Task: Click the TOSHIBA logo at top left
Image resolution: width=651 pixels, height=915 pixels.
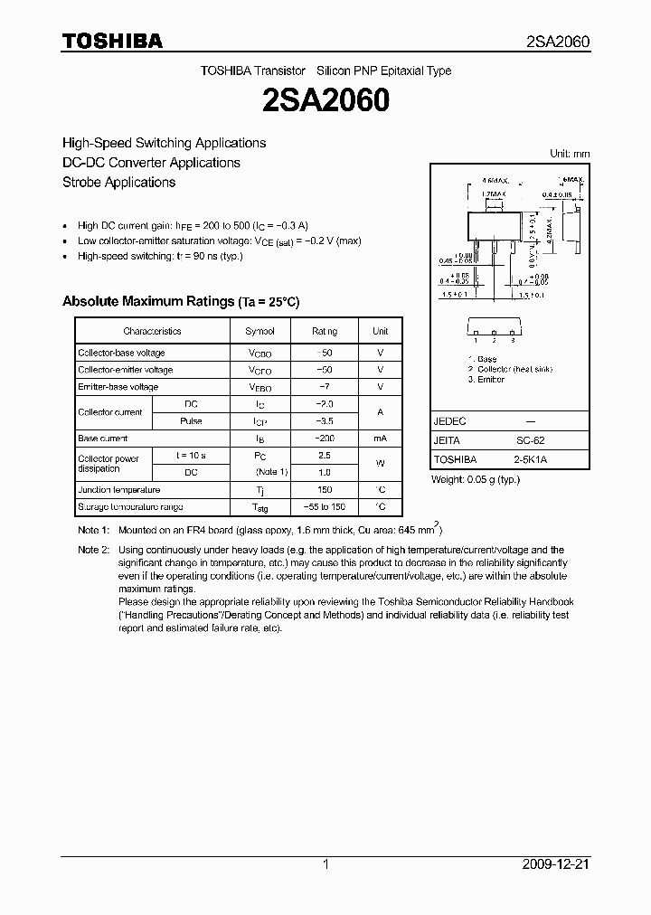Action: [x=112, y=41]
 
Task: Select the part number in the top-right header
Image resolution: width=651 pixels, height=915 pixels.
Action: [x=558, y=42]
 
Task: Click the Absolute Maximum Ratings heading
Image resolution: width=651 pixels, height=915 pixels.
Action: [x=180, y=301]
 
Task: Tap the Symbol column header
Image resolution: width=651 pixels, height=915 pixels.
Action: [x=260, y=331]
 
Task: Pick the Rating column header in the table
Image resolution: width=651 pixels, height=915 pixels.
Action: [x=325, y=331]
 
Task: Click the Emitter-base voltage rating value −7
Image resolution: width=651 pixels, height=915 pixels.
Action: [x=325, y=387]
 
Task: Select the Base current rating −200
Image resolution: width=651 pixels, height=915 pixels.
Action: [x=325, y=438]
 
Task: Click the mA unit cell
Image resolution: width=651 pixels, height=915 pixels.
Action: [x=381, y=438]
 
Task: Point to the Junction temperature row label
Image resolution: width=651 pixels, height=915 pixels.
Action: [x=118, y=489]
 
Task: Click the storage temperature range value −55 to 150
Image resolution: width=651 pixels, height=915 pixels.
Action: [x=325, y=506]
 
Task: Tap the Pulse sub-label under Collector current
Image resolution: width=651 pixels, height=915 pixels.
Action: [x=191, y=421]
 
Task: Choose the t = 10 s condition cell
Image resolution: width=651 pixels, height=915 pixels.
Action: [x=191, y=456]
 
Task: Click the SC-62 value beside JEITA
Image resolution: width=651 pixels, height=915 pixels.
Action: [x=530, y=440]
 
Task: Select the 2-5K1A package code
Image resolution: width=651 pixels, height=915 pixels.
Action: [x=530, y=459]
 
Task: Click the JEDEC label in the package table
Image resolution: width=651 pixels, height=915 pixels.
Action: [x=450, y=421]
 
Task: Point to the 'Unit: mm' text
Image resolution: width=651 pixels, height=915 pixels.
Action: [x=570, y=154]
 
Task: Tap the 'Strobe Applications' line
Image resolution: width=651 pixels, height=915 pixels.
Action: [x=118, y=182]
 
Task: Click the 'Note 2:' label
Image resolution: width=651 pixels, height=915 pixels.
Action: [x=93, y=550]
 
